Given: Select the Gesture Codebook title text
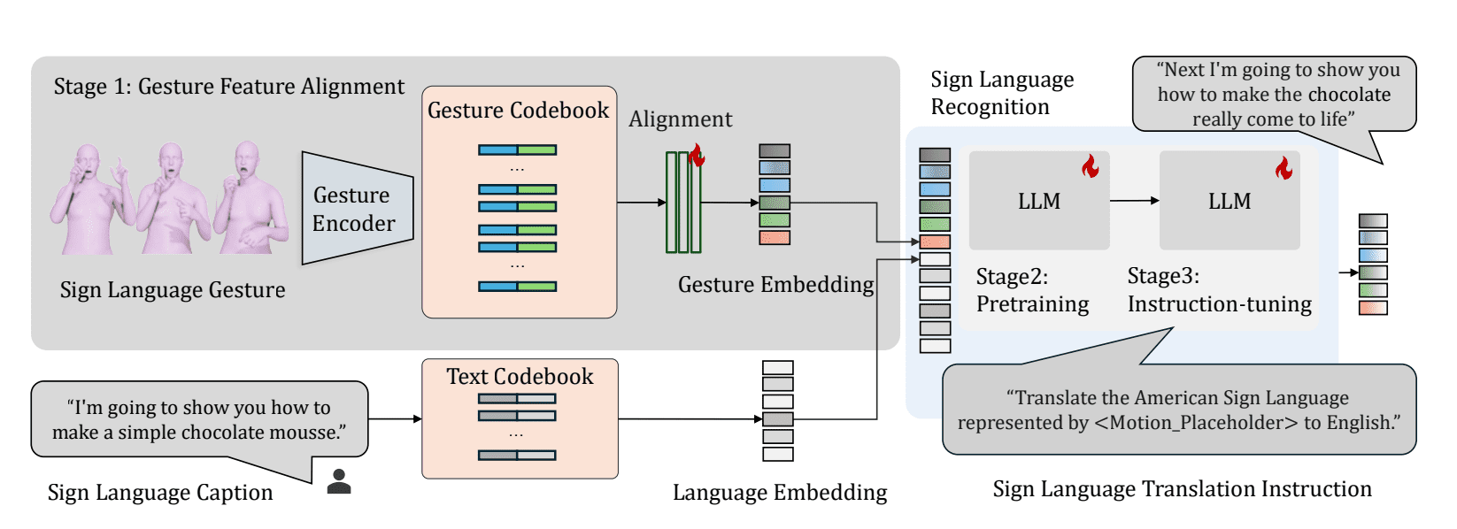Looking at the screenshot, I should tap(518, 111).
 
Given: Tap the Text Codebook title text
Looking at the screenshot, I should tap(520, 377).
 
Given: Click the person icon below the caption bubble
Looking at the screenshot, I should tap(339, 481).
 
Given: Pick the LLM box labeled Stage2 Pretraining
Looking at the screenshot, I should tap(1038, 201).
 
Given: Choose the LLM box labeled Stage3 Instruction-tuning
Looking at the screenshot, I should tap(1230, 201).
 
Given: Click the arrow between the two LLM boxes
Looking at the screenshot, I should tap(1134, 201).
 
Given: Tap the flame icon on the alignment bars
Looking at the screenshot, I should tap(697, 157).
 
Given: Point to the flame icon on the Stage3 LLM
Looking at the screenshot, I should tap(1284, 167).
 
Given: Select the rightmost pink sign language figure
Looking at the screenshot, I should tap(251, 199).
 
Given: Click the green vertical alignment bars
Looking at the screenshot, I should tap(683, 203).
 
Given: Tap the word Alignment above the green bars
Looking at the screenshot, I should tap(680, 119).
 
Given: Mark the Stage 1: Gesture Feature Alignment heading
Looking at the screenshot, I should tap(228, 87).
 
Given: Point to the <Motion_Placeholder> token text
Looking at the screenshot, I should tap(1196, 423).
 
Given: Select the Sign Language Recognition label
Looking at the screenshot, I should tap(1001, 93).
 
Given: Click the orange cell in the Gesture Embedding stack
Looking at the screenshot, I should tap(775, 237).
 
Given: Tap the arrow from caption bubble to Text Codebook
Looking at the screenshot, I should tap(394, 418).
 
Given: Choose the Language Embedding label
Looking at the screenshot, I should tap(779, 493).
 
